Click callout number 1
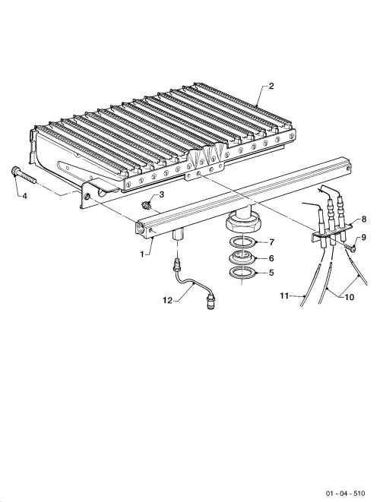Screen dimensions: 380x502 pos(141,254)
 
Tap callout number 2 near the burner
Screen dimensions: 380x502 pos(271,86)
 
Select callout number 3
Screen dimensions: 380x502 pos(161,194)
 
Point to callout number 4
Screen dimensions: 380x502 pos(24,196)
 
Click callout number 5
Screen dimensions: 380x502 pos(271,273)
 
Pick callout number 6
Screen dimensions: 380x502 pos(271,258)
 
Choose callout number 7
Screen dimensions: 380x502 pos(272,242)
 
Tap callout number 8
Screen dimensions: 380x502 pos(363,219)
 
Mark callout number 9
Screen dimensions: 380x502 pos(363,237)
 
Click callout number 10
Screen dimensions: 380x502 pos(350,297)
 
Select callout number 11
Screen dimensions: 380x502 pos(284,295)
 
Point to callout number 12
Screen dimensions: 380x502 pos(167,300)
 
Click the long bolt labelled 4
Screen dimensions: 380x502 pos(24,175)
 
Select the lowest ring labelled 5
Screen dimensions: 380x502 pos(243,273)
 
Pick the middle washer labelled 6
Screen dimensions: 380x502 pos(243,257)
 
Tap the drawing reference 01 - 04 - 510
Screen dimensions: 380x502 pos(345,493)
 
